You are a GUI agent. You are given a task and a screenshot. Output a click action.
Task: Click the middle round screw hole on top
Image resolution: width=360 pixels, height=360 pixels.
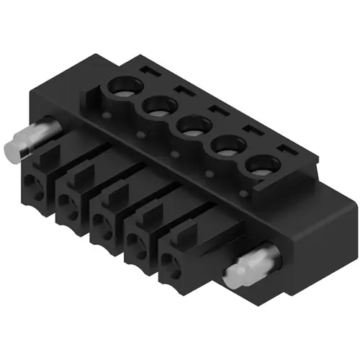tap(191, 127)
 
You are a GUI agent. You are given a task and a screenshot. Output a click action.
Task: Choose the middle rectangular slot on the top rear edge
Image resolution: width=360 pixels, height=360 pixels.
tap(214, 110)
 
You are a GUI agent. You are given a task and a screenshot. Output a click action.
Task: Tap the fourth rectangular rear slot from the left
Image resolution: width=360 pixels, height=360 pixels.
tap(248, 130)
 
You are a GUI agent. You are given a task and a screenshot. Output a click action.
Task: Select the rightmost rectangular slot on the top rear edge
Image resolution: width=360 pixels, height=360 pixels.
tap(283, 150)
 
